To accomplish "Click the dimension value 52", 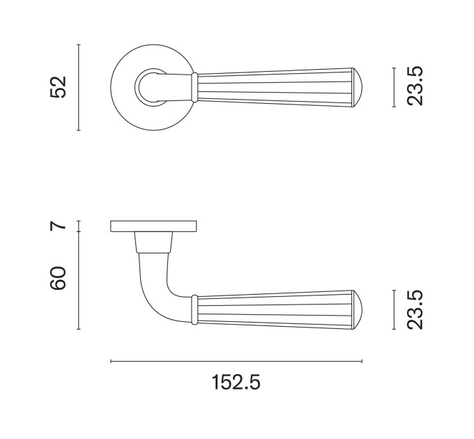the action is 58,87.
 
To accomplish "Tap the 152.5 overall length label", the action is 236,382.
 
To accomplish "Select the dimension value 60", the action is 58,278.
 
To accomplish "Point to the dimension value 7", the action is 58,226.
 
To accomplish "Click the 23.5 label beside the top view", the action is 415,86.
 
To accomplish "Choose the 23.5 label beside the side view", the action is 415,309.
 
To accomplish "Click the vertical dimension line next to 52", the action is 79,87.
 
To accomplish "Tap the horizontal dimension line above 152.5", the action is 236,361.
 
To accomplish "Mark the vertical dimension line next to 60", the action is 79,280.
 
